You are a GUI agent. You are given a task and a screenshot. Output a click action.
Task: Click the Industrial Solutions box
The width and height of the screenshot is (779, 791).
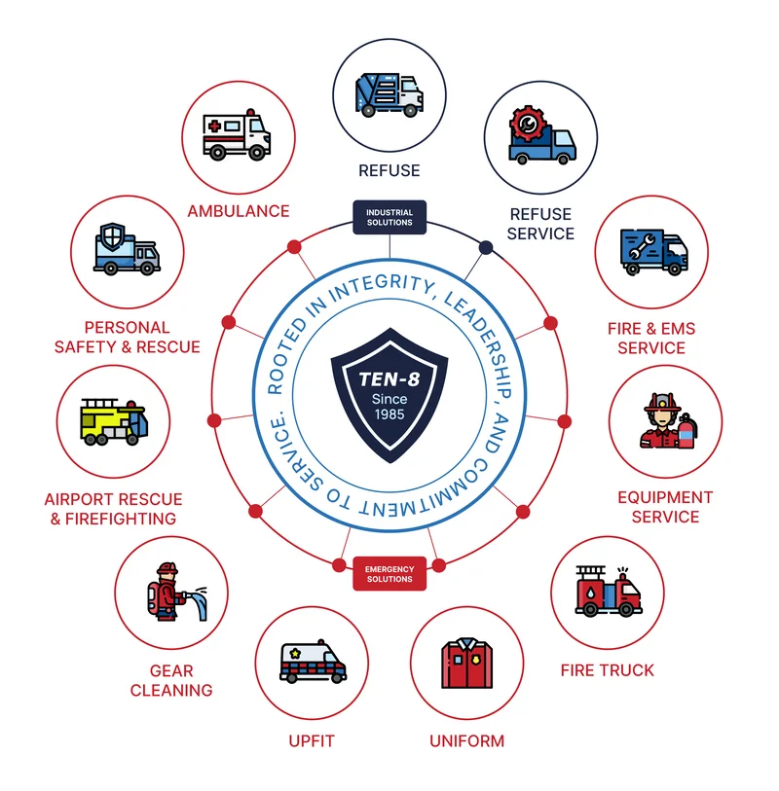[389, 217]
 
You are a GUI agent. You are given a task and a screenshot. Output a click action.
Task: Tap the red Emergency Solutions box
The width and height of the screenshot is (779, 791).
[389, 574]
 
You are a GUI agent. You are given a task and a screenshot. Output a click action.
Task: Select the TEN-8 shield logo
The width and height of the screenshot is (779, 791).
[389, 395]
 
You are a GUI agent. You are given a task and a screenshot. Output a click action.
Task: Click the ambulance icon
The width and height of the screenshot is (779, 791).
[237, 134]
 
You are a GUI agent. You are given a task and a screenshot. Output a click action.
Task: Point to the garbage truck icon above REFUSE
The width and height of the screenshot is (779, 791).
[389, 94]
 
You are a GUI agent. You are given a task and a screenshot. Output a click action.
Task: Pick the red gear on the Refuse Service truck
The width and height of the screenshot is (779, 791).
[528, 124]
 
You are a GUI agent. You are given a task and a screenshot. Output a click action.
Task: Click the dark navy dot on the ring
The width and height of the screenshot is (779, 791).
[486, 247]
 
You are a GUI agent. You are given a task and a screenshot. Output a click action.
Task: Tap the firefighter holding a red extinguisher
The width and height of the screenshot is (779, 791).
[669, 420]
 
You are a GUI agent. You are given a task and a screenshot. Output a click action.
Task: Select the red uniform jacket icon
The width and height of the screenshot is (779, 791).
[467, 663]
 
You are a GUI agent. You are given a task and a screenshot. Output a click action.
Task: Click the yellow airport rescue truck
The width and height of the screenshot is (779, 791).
[114, 421]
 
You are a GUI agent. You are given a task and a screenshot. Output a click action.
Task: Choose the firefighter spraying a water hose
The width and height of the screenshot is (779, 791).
[175, 592]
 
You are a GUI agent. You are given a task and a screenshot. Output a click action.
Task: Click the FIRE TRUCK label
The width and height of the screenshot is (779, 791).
[608, 670]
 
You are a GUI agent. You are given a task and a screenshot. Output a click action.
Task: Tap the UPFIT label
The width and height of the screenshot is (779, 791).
[312, 741]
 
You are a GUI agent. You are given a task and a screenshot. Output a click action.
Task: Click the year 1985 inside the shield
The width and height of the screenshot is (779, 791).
[389, 414]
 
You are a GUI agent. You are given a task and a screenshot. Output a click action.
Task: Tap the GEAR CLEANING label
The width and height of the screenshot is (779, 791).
[171, 680]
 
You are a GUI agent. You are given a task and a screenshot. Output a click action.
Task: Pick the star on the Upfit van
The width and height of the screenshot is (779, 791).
[295, 654]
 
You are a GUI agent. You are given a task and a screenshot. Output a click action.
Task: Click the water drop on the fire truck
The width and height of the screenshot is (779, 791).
[591, 593]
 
